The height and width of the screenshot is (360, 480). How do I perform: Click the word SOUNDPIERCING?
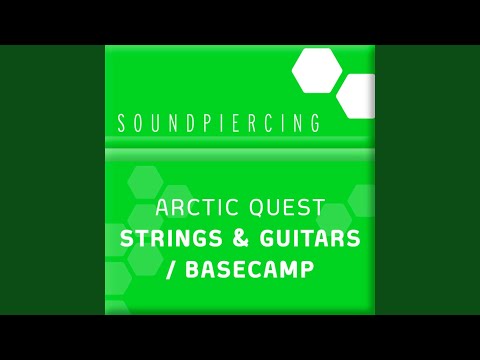[218, 124]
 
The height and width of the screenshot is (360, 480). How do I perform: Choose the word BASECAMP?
[246, 271]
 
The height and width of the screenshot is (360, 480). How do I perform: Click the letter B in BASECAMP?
[186, 271]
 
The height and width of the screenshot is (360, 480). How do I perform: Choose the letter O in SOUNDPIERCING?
[140, 124]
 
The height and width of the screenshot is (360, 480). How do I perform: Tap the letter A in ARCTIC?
[164, 209]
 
